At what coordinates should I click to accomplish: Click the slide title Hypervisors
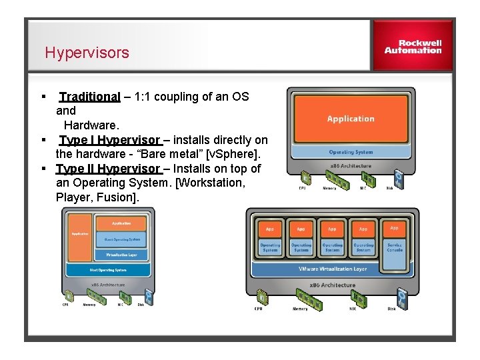(87, 53)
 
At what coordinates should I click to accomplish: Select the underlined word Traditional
(89, 97)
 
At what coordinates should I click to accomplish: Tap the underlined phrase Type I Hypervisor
(109, 140)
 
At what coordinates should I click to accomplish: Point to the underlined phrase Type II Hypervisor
(108, 169)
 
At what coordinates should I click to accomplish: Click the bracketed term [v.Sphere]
(238, 154)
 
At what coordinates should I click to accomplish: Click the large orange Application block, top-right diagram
(351, 119)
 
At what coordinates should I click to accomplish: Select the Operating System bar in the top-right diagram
(351, 152)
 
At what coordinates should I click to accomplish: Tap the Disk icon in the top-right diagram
(399, 178)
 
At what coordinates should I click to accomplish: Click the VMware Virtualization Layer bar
(332, 270)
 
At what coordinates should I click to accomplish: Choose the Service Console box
(395, 247)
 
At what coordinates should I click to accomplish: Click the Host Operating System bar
(108, 270)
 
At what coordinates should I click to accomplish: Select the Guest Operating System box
(121, 239)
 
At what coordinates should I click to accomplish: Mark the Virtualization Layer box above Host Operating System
(121, 255)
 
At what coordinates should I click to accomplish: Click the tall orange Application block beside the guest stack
(81, 237)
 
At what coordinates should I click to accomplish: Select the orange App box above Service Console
(395, 228)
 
